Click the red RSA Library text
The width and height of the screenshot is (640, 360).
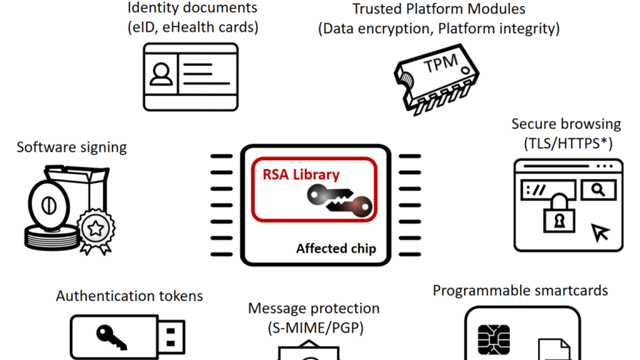[301, 174]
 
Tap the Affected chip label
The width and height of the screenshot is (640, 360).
[336, 248]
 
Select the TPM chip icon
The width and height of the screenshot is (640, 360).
[436, 79]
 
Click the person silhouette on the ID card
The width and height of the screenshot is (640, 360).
[161, 74]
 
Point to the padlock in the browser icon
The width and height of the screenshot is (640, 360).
[559, 213]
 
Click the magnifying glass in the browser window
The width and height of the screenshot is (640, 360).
[598, 189]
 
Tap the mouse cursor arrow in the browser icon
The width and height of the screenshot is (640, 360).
[600, 232]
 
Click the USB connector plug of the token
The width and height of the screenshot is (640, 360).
[171, 337]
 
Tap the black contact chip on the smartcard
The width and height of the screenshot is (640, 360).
[493, 339]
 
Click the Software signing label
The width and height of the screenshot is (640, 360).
[71, 147]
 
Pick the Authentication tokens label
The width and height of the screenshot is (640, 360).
[129, 296]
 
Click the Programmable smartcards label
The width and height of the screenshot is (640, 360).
[520, 291]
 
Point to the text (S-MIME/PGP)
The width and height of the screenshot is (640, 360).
[315, 327]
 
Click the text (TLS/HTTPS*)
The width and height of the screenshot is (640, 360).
[568, 143]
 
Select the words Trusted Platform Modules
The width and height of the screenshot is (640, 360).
[439, 9]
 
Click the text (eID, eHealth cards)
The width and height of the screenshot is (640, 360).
[193, 27]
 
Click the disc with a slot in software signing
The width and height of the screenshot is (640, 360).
[49, 205]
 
